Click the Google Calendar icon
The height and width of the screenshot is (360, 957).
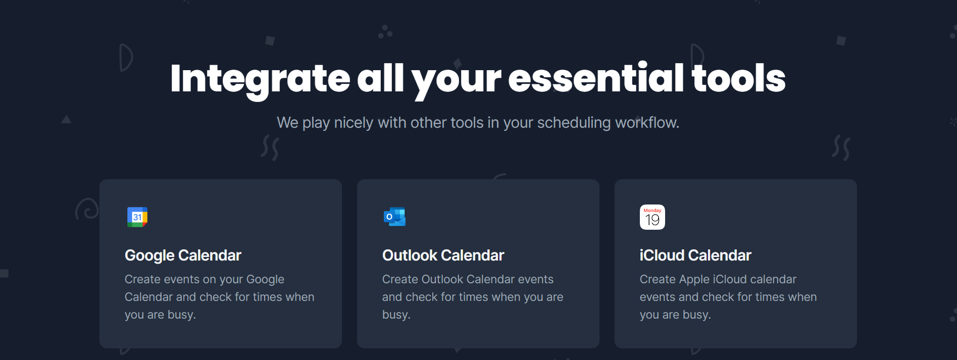coord(137,217)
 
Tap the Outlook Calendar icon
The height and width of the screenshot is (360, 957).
coord(394,217)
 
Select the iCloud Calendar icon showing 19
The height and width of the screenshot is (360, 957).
coord(652,217)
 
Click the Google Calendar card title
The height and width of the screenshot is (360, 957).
coord(183,255)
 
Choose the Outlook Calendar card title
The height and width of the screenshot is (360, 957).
coord(443,255)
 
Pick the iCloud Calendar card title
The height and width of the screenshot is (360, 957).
coord(695,255)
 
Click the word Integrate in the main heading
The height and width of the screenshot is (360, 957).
coord(260,79)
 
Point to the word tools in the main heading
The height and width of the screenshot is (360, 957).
coord(738,78)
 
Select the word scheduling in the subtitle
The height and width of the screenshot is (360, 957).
coord(574,123)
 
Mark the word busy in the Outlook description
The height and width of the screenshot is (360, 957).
coord(396,315)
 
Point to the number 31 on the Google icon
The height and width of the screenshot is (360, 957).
coord(137,217)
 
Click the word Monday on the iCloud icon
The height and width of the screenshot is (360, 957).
coord(652,211)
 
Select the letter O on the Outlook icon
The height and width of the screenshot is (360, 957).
coord(389,217)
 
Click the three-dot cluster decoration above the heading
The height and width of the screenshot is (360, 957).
coord(385,32)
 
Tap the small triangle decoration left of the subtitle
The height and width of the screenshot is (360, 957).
coord(66,119)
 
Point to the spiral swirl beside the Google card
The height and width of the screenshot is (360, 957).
coord(87,209)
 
